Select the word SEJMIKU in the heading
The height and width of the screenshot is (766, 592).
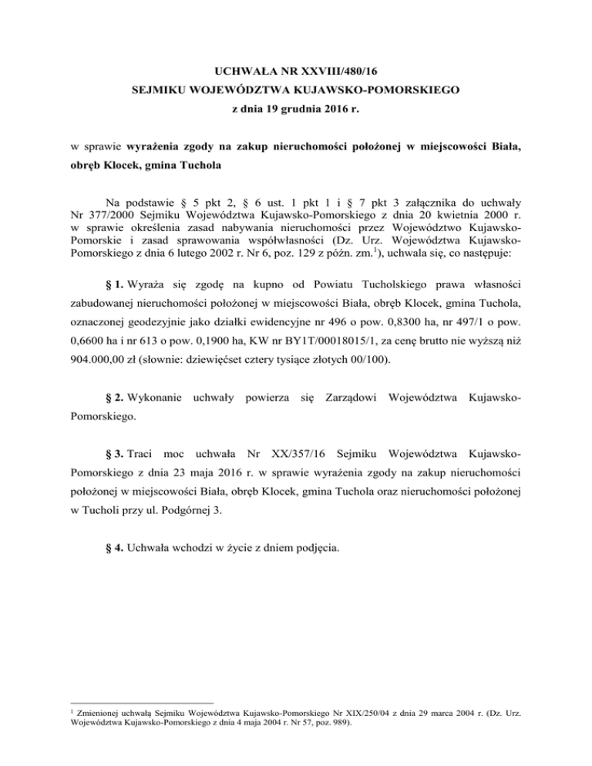pos(158,90)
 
